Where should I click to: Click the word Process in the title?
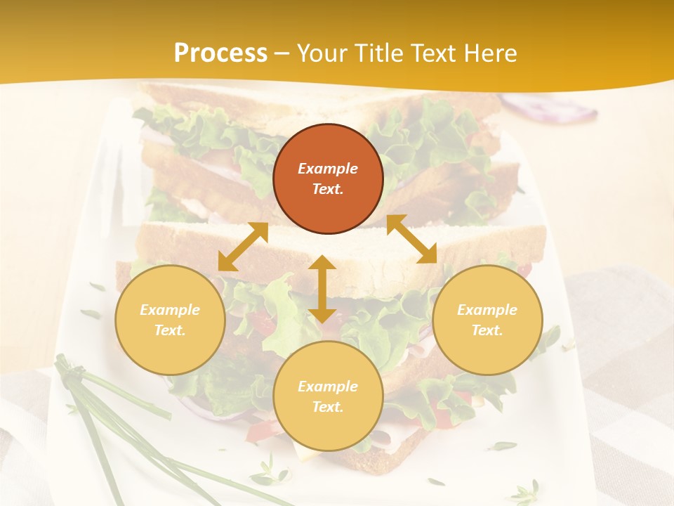coord(220,53)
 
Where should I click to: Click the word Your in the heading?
coord(323,53)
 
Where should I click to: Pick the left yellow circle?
coord(170,320)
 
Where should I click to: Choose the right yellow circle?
coord(487,320)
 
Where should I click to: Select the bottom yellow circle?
coord(328,396)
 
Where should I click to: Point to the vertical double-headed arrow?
coord(322,289)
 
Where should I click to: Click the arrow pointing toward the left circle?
coord(243,247)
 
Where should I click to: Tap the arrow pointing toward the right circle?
coord(411,239)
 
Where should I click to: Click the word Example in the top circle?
coord(328,169)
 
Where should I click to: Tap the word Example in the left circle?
coord(170,310)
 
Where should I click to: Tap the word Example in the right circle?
coord(487,310)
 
